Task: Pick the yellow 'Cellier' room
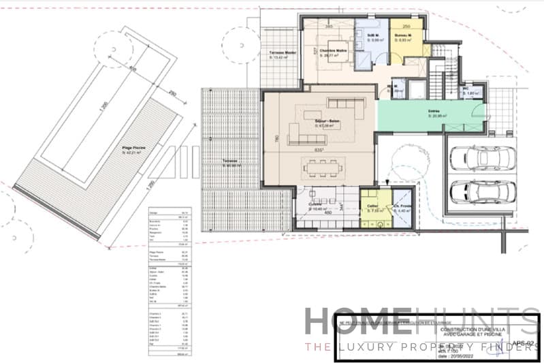click(372, 208)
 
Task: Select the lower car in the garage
click(483, 193)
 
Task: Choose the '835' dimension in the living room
click(320, 149)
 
